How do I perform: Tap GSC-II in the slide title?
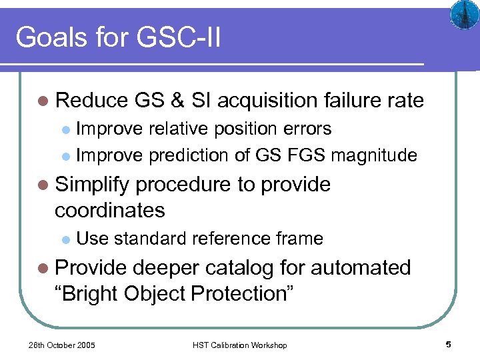[179, 37]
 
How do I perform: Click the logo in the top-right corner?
[463, 15]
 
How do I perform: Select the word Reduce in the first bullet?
[91, 101]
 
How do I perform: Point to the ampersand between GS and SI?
[177, 101]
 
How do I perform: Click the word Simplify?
[95, 185]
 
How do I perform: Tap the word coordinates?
[110, 210]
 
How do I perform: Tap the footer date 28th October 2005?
[62, 345]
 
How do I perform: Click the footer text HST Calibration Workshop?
[240, 345]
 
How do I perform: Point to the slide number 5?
[449, 344]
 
